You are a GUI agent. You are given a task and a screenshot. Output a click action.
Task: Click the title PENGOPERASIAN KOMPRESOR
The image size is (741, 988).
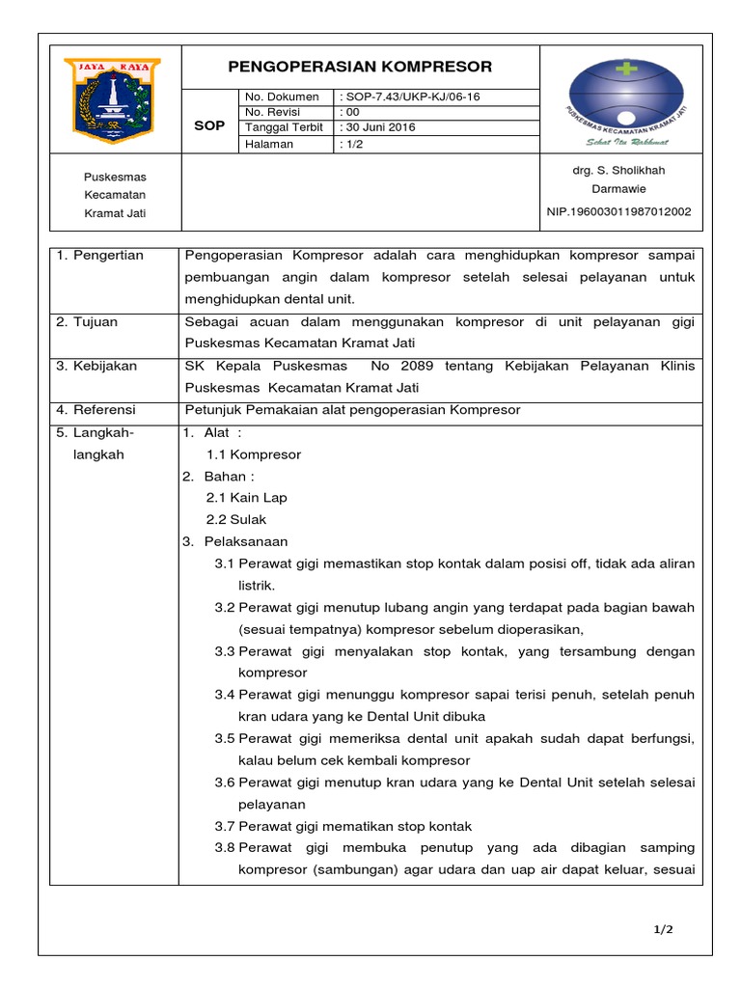point(360,67)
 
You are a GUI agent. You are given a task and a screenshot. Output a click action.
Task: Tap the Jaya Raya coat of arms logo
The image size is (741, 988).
point(112,97)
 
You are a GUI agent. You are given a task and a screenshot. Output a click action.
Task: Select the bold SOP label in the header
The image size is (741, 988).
point(209,125)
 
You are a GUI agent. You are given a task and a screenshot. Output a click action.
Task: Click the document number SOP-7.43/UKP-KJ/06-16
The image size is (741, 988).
point(410,96)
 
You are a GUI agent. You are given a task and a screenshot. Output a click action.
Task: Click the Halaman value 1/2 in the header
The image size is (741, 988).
point(349,144)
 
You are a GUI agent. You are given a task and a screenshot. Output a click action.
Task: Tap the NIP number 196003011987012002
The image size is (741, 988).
point(618,211)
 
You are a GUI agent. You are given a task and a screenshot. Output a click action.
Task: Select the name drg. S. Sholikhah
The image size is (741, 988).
point(618,171)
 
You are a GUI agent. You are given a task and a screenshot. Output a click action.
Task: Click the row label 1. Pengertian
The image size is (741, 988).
point(100,256)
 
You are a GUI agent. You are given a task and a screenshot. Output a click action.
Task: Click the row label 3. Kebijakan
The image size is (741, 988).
point(96,367)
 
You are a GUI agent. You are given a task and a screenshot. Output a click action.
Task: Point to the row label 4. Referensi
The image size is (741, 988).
point(96,410)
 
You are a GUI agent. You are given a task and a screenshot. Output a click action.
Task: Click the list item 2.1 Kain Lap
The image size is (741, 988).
point(246,498)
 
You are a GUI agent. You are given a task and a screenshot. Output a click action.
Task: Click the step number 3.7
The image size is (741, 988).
point(225,826)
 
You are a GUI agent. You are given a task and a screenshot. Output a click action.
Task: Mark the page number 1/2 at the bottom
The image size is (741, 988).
point(663,930)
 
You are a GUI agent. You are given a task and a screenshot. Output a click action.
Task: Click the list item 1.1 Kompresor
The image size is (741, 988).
point(254,454)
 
